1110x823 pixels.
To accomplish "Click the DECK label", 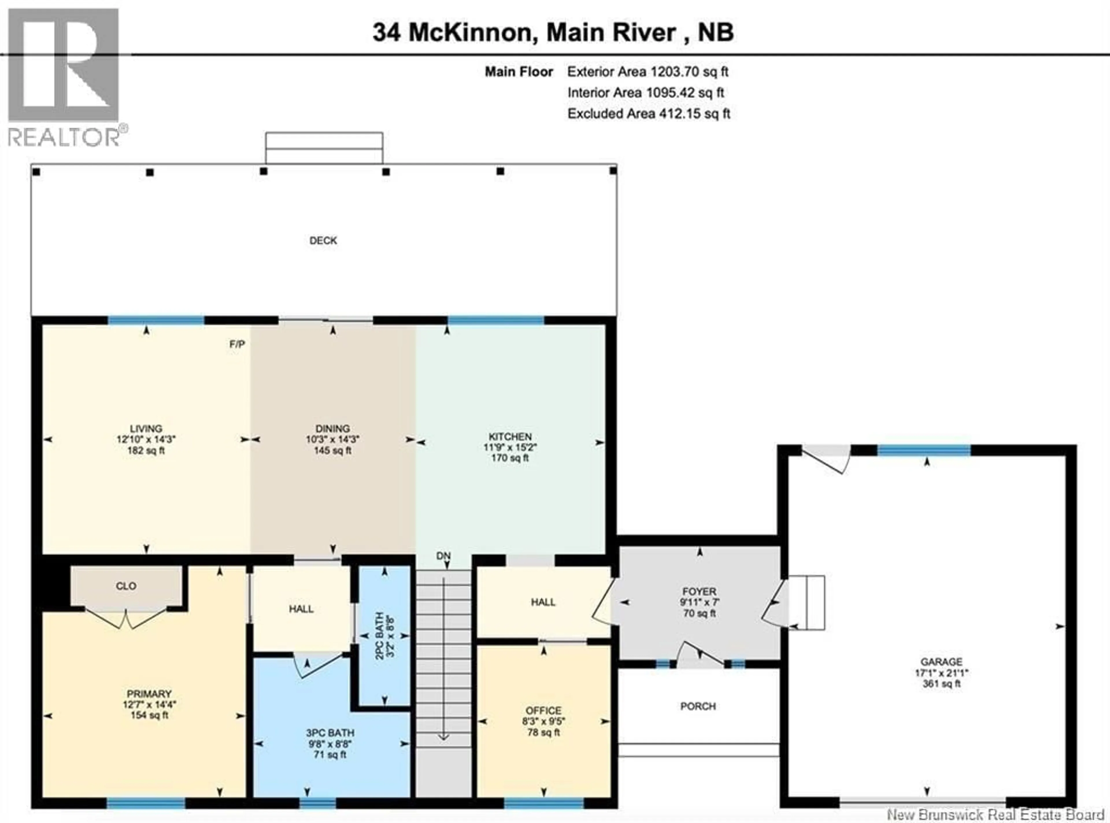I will tap(323, 241).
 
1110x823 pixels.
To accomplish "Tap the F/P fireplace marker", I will tap(237, 344).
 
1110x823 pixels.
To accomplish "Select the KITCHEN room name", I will tap(510, 436).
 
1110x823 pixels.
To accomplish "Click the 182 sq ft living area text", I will tap(146, 450).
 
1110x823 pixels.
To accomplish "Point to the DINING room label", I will tap(333, 429).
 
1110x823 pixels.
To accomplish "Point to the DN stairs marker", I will tap(443, 556).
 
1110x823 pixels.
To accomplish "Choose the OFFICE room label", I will tap(543, 710).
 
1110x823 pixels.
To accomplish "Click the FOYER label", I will tap(699, 591).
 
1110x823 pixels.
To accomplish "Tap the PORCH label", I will tap(698, 706).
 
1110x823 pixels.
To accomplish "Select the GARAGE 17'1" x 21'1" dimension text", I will tap(941, 673).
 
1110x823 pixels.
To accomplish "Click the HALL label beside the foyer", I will tap(543, 602).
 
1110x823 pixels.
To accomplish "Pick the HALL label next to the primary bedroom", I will tap(301, 609).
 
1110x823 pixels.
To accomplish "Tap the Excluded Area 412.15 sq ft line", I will tap(649, 113).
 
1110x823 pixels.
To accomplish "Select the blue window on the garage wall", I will tap(924, 451).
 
